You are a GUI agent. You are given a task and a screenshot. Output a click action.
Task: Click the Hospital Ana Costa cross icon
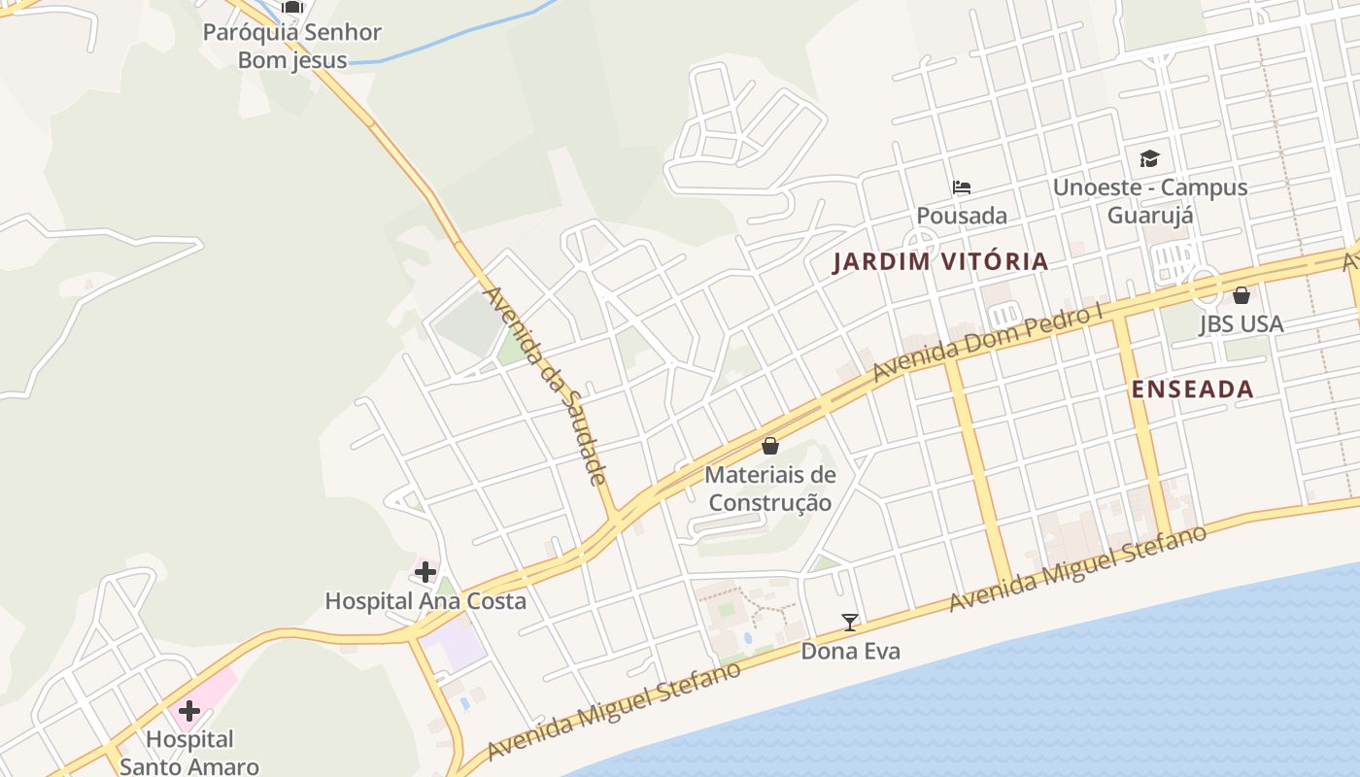coord(425,572)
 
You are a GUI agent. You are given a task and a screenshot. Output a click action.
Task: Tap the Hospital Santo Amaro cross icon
coord(189,711)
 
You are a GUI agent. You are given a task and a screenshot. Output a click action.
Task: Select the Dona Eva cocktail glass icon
coord(850,623)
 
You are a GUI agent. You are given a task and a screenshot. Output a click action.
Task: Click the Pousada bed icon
coord(962,186)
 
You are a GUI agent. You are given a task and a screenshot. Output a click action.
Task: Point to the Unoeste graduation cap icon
coord(1149,158)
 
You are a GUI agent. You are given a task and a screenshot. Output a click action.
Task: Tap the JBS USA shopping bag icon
coord(1241,295)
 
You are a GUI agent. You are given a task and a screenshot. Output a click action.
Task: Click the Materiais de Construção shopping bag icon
coord(770,446)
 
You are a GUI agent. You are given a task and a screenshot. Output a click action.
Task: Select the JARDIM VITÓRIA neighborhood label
coord(940,261)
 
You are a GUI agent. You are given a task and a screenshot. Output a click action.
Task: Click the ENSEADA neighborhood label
coord(1192,389)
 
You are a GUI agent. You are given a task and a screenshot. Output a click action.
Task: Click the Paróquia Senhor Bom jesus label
coord(292,46)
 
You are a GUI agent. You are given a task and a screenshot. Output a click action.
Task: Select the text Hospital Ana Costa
coord(425,601)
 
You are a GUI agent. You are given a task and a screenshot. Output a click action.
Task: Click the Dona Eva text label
coord(850,651)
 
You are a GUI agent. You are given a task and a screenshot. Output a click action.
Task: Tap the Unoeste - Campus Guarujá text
coord(1150,200)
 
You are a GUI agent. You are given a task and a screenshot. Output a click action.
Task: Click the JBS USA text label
coord(1241,323)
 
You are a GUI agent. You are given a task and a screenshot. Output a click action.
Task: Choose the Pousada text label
coord(962,216)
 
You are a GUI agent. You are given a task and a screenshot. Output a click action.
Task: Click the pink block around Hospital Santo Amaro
coord(219,688)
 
